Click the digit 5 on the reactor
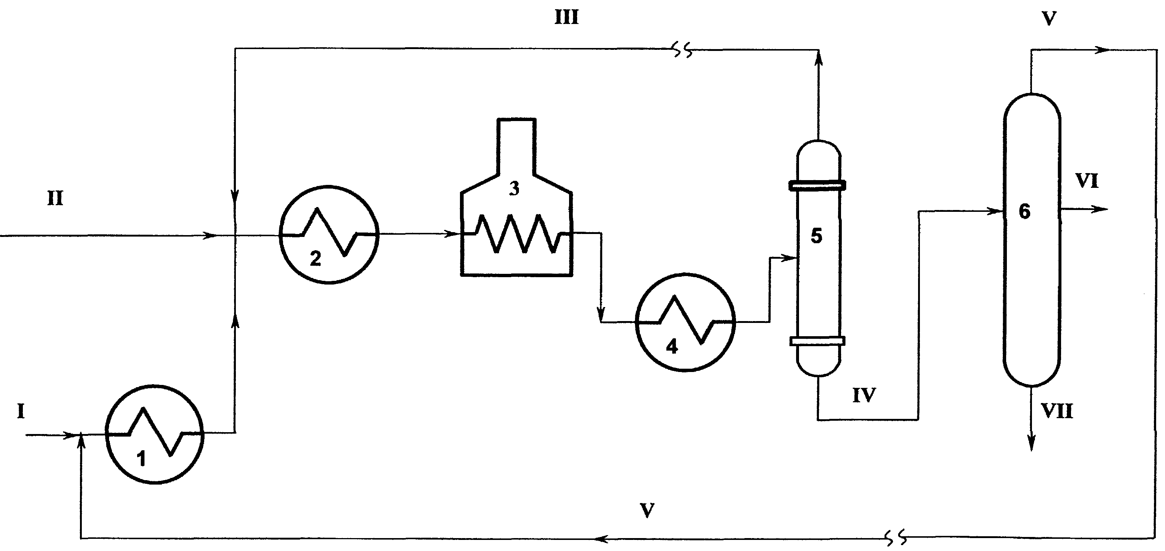(x=816, y=236)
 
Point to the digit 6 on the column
(x=1024, y=211)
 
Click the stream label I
(x=21, y=411)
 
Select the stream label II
(x=55, y=198)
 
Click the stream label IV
(x=864, y=395)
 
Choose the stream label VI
(x=1087, y=181)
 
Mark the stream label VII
(x=1057, y=411)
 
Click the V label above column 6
(x=1049, y=19)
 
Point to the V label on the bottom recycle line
(x=647, y=511)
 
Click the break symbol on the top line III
(x=683, y=50)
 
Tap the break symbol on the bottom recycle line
(x=896, y=537)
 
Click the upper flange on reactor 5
(x=817, y=185)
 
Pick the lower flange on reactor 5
(x=817, y=341)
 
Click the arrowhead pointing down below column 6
(x=1032, y=443)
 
